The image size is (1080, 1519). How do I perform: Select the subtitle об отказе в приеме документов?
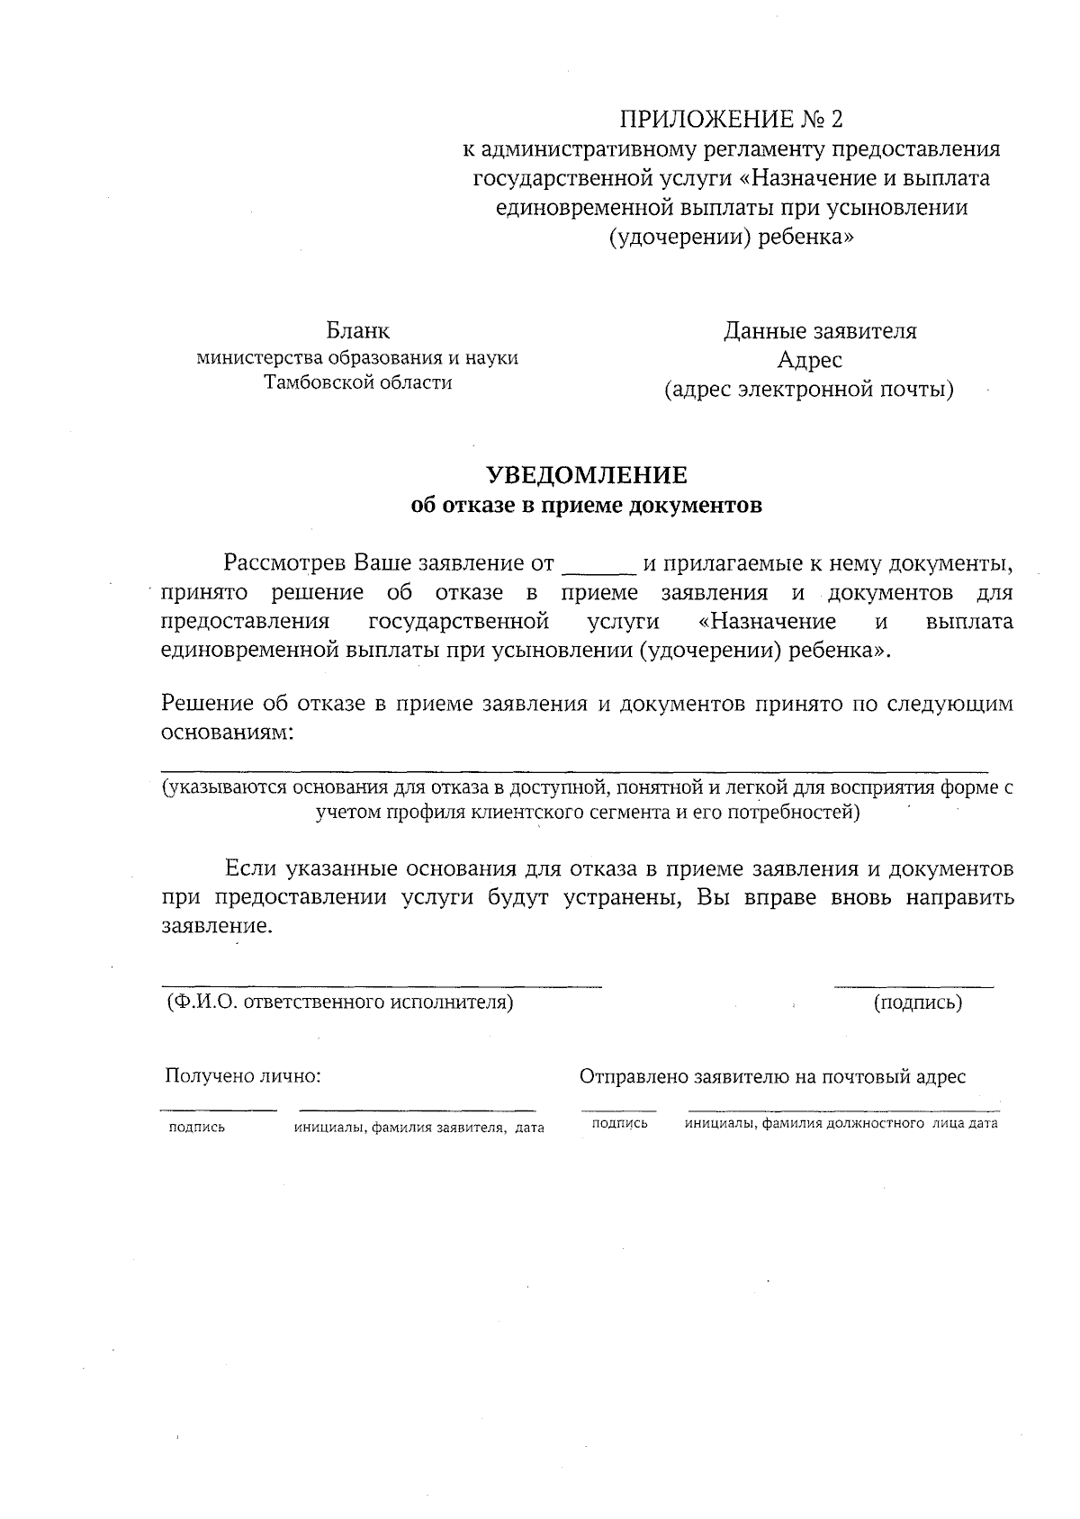pos(586,506)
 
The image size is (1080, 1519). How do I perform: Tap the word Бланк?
pos(357,331)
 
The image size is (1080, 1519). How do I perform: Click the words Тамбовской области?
pos(357,382)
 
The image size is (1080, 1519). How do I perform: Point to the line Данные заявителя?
pos(820,331)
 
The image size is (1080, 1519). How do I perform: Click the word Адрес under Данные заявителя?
pos(810,360)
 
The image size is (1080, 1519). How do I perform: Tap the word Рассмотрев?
pos(285,564)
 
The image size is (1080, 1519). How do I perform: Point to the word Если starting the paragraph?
pos(249,869)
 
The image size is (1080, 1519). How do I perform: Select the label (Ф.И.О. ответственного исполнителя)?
pos(339,1002)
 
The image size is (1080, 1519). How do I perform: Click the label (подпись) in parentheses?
pos(917,1002)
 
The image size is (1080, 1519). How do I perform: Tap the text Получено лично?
pos(243,1076)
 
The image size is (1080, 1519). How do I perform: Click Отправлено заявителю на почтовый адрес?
pos(772,1076)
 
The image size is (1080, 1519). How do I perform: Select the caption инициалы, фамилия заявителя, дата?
pos(418,1128)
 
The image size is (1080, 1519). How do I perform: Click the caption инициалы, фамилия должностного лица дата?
pos(841,1124)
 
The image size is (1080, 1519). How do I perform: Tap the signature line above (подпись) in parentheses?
pos(913,987)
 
